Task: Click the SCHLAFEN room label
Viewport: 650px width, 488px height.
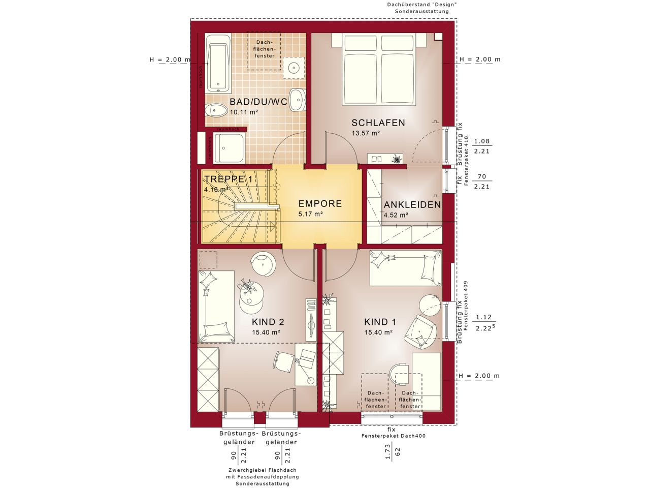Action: click(378, 123)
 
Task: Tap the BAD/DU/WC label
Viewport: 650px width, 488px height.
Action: click(258, 102)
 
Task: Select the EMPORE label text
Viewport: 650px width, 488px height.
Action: click(319, 204)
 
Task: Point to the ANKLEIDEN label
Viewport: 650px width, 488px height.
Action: click(412, 205)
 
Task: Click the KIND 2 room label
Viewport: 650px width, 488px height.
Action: click(268, 322)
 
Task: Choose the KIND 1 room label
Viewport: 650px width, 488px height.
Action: click(380, 322)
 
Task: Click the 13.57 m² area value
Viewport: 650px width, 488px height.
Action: click(366, 133)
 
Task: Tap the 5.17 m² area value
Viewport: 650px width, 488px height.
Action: click(311, 215)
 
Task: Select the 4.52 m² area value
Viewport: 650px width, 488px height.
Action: click(396, 215)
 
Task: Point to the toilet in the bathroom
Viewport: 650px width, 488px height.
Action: click(216, 110)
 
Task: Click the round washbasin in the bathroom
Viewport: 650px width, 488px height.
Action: click(294, 67)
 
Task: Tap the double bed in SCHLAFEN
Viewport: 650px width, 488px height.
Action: click(379, 70)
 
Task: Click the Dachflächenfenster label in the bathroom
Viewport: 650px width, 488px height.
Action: click(265, 49)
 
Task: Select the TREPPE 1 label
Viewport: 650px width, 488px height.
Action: click(229, 179)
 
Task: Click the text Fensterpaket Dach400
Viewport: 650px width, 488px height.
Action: click(393, 436)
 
